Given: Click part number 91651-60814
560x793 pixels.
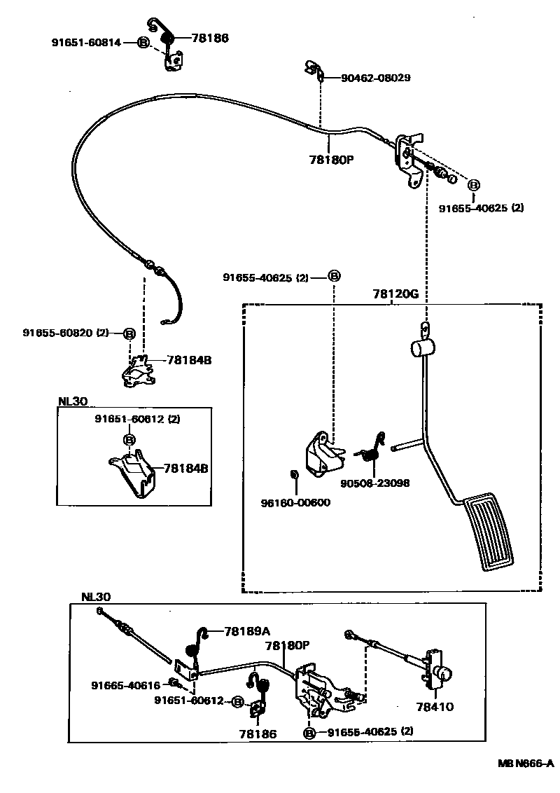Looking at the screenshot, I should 86,43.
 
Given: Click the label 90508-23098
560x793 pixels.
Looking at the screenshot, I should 375,483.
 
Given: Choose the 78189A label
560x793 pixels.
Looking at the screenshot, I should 247,631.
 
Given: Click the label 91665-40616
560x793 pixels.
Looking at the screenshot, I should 125,685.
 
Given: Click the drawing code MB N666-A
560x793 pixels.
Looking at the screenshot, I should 526,763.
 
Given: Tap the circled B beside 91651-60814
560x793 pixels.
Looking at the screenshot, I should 143,43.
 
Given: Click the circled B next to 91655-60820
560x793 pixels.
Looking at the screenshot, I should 129,333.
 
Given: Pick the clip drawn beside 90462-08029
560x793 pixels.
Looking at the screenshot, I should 312,69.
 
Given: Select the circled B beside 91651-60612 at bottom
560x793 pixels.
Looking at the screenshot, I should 238,701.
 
